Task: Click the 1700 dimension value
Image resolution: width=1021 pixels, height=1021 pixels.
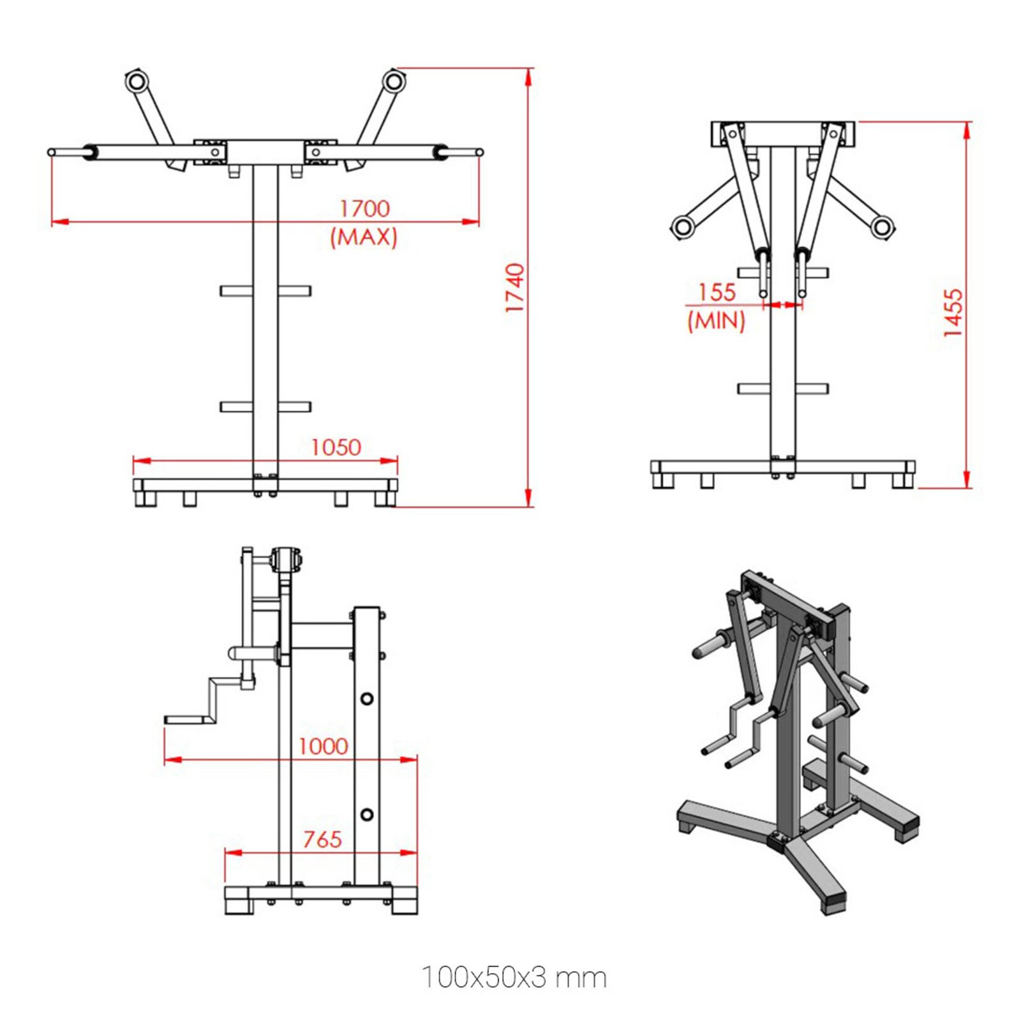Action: click(364, 209)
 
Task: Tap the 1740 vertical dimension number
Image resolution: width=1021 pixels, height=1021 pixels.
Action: click(514, 288)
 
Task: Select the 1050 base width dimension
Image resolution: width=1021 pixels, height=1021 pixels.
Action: click(336, 447)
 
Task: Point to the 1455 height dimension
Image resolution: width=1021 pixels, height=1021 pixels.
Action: click(952, 313)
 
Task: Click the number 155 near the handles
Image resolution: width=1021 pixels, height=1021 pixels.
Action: click(717, 292)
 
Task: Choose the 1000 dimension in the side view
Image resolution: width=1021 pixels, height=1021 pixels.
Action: click(323, 746)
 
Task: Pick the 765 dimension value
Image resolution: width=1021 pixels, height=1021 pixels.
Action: click(322, 839)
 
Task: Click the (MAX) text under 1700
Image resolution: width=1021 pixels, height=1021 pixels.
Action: click(364, 237)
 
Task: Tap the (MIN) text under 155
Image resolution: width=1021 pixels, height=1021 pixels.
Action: click(716, 320)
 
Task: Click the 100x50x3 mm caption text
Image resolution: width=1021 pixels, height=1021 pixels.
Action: click(514, 978)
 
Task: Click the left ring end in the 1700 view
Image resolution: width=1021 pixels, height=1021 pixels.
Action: click(137, 82)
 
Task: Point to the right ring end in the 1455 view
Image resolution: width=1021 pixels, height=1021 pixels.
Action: click(883, 226)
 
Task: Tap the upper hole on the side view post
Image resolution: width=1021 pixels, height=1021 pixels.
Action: click(367, 699)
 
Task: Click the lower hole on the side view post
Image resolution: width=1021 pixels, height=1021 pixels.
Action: click(367, 815)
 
